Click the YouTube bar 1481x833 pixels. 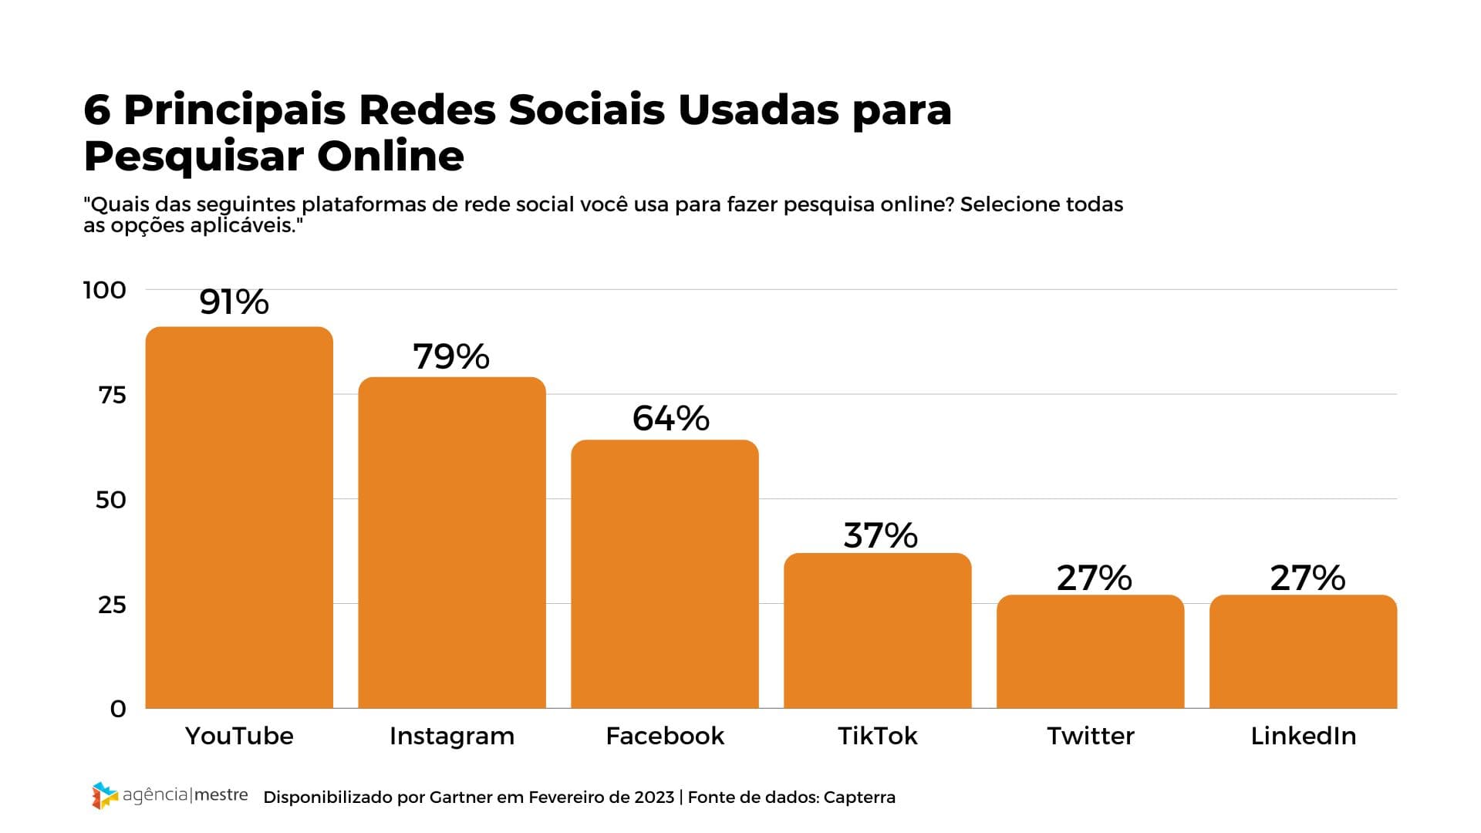point(239,517)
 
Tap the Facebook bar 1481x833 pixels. point(665,574)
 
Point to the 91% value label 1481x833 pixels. point(234,302)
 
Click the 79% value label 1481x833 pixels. point(451,356)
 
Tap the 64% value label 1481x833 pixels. point(670,418)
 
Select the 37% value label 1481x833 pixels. point(880,535)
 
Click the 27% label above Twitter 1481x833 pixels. point(1094,578)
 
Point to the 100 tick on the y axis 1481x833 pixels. point(105,290)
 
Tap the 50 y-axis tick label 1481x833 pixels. point(111,500)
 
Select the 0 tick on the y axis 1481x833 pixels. point(118,709)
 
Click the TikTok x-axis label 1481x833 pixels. point(878,736)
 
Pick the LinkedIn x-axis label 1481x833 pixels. point(1304,736)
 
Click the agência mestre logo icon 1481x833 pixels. point(104,796)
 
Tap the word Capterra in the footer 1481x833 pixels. point(859,798)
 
